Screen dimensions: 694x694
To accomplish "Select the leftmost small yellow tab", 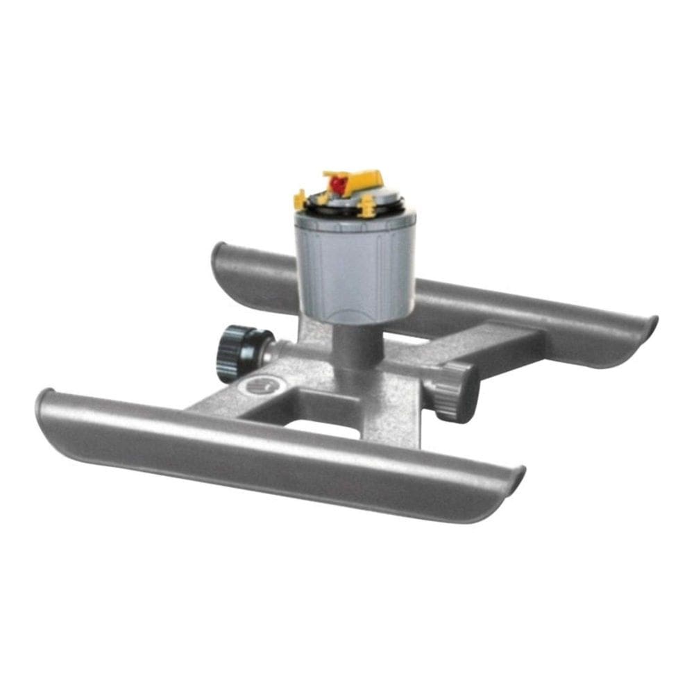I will pos(300,201).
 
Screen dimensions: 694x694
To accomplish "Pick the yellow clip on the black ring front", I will pos(366,203).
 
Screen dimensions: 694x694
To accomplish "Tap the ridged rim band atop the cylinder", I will pos(354,221).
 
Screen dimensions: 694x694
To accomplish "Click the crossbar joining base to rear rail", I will pos(486,344).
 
